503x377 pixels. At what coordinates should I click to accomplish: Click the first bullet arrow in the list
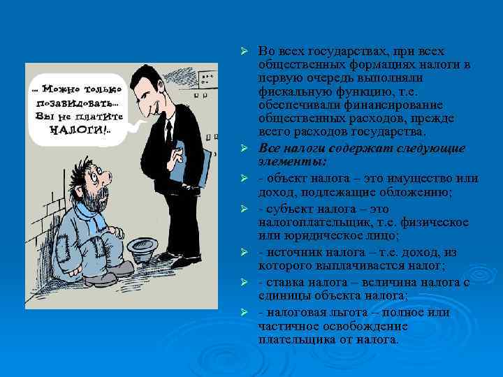pyautogui.click(x=244, y=52)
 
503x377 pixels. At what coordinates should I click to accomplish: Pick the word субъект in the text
pyautogui.click(x=287, y=209)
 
